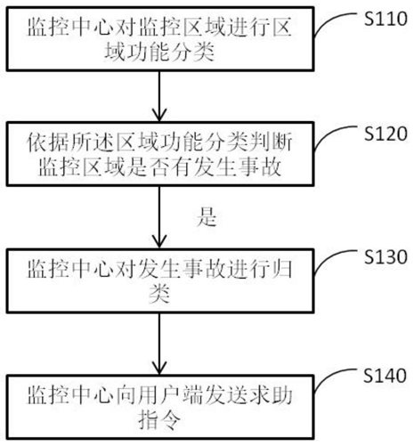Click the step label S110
386,19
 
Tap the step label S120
386,134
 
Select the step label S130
386,256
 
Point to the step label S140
385,376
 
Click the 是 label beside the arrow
207,217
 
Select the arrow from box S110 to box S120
159,96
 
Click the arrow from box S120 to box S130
159,217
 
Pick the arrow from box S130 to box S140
159,344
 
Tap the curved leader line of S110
329,20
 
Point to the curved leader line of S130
329,258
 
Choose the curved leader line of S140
329,377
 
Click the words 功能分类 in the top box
171,53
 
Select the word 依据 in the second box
48,142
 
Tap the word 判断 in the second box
271,142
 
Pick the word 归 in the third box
281,269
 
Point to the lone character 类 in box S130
159,294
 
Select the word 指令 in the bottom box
159,420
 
